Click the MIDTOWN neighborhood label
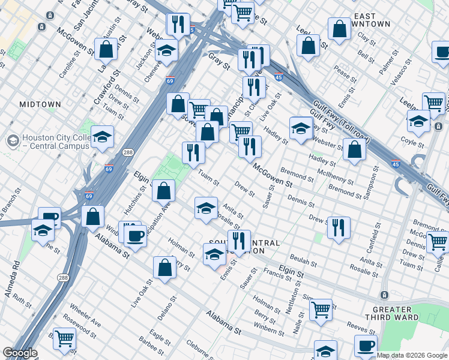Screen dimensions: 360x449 [40, 104]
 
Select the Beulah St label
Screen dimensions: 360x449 [303, 262]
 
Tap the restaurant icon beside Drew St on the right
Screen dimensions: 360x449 [339, 227]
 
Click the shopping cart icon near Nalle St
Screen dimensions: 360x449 [321, 310]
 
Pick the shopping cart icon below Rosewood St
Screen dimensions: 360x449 [64, 338]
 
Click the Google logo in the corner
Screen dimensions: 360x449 [19, 353]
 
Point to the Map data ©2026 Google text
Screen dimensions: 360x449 [412, 355]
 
